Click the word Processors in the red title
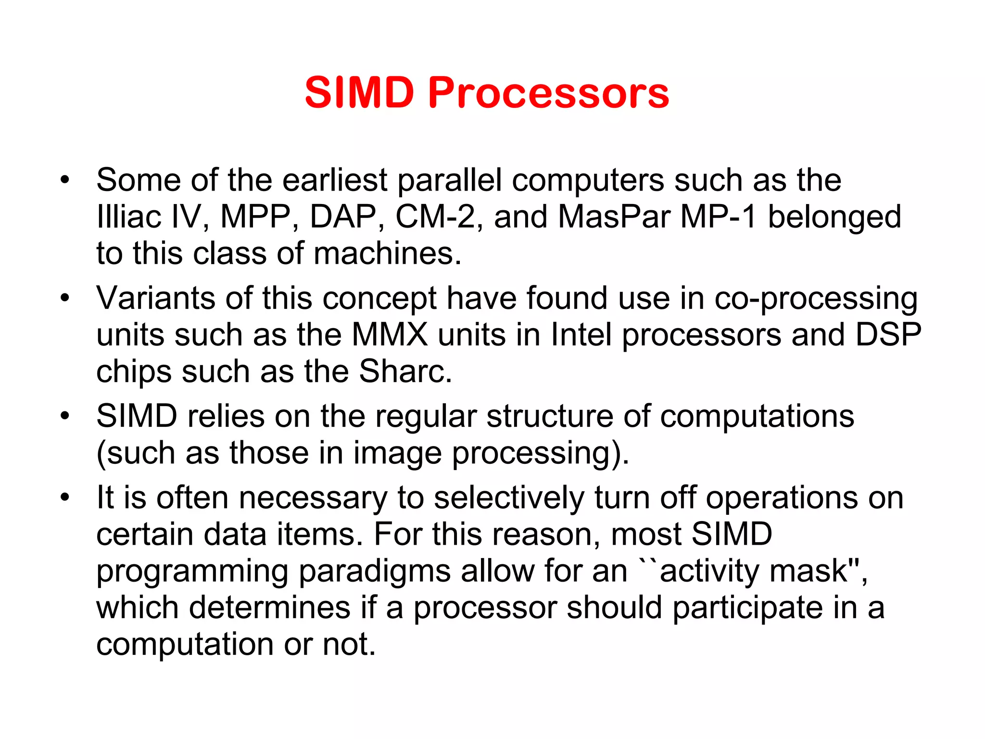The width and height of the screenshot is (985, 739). pyautogui.click(x=548, y=93)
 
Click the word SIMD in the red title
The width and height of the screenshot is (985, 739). pyautogui.click(x=359, y=92)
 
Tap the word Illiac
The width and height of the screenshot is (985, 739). pyautogui.click(x=128, y=217)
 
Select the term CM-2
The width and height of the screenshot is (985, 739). pyautogui.click(x=435, y=217)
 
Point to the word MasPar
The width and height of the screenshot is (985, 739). pyautogui.click(x=614, y=217)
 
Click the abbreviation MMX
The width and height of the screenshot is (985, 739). pyautogui.click(x=390, y=334)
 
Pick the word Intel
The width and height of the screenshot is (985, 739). pyautogui.click(x=581, y=334)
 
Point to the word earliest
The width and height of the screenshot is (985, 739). pyautogui.click(x=335, y=180)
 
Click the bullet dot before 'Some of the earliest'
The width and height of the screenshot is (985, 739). pyautogui.click(x=65, y=180)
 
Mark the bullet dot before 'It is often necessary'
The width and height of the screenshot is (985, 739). pyautogui.click(x=65, y=497)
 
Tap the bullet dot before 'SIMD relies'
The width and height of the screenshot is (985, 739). pyautogui.click(x=65, y=416)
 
